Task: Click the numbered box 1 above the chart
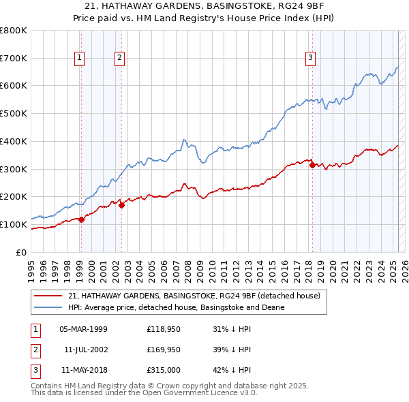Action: pyautogui.click(x=80, y=59)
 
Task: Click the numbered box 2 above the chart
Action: pyautogui.click(x=119, y=59)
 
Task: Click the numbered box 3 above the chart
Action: pyautogui.click(x=310, y=59)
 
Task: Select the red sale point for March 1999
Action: pyautogui.click(x=81, y=219)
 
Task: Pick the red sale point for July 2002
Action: pyautogui.click(x=121, y=205)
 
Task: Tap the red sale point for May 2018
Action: pyautogui.click(x=312, y=164)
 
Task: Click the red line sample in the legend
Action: pyautogui.click(x=48, y=296)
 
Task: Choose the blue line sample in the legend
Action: pyautogui.click(x=48, y=307)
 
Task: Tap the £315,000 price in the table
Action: pyautogui.click(x=164, y=371)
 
